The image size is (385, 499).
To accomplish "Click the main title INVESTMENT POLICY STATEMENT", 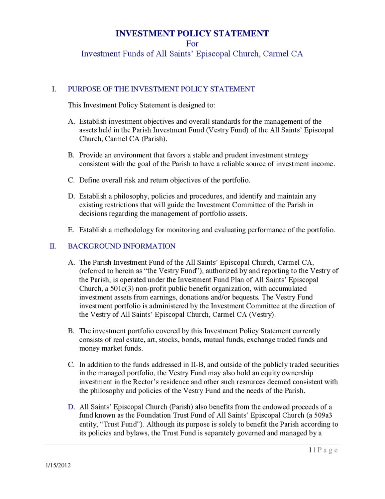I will point(192,33).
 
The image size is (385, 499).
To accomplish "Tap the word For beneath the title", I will point(192,44).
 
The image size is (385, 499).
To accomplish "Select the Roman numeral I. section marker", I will point(54,89).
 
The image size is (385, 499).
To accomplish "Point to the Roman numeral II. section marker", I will point(52,246).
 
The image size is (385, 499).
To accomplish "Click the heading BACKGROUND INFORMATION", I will point(122,246).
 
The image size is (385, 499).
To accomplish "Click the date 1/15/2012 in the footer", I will point(58,465).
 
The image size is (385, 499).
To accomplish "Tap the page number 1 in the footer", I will point(310,450).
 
